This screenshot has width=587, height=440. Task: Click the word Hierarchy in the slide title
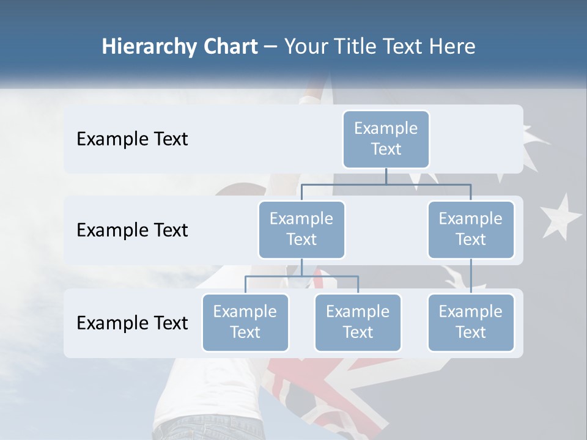[x=149, y=47]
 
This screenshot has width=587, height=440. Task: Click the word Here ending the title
[x=452, y=46]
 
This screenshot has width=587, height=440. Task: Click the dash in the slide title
[x=270, y=47]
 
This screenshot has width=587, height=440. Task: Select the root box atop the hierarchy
[x=386, y=139]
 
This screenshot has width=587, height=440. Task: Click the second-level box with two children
[x=301, y=230]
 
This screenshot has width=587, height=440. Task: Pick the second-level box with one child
[x=471, y=230]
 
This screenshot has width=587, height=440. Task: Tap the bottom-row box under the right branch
[x=471, y=323]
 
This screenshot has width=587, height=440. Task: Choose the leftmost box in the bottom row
[x=245, y=323]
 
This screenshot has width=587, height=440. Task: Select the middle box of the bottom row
[x=358, y=323]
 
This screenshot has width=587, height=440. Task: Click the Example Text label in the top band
[x=132, y=139]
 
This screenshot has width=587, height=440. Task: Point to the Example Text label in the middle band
[x=132, y=230]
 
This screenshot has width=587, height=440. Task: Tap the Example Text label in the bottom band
[x=132, y=323]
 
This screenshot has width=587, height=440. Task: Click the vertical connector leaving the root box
[x=386, y=176]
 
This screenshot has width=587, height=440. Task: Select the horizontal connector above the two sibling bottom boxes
[x=301, y=276]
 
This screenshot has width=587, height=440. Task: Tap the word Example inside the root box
[x=386, y=129]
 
